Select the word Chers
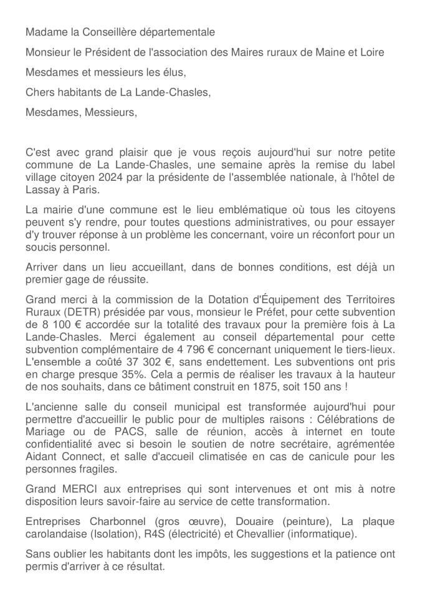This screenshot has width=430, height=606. [40, 93]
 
